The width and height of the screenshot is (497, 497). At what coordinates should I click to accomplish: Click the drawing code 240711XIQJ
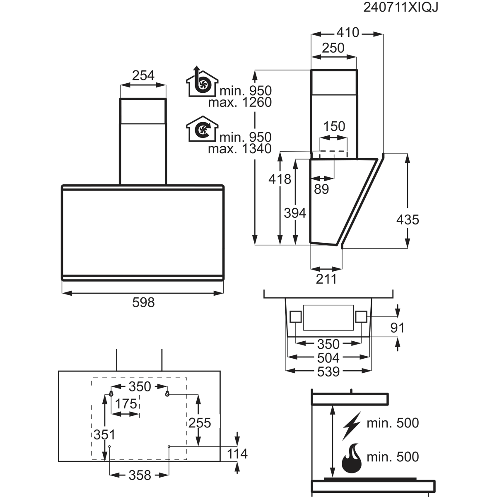[401, 7]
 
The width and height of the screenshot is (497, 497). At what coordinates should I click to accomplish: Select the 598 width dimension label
[143, 302]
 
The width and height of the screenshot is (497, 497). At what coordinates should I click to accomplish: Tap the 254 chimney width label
[143, 75]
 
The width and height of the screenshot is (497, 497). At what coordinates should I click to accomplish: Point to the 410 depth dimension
[347, 33]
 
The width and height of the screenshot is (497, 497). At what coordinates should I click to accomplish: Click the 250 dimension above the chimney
[333, 48]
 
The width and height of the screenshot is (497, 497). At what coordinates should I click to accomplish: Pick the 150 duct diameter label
[334, 126]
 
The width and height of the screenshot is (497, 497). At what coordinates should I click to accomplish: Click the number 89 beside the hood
[321, 189]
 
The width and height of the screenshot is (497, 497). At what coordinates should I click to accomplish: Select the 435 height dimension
[408, 220]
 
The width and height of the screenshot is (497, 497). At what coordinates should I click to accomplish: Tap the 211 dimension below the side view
[326, 279]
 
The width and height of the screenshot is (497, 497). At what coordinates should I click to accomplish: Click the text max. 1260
[240, 102]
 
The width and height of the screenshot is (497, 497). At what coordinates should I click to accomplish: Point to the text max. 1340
[240, 149]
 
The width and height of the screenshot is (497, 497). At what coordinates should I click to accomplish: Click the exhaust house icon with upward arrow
[202, 82]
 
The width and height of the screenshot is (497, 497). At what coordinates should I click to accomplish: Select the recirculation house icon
[202, 129]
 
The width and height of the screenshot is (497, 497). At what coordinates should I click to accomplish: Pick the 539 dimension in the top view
[328, 372]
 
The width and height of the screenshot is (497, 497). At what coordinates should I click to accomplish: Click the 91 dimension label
[397, 328]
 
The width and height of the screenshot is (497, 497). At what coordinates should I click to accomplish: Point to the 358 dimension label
[140, 475]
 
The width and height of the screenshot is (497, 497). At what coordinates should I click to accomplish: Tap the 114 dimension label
[237, 454]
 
